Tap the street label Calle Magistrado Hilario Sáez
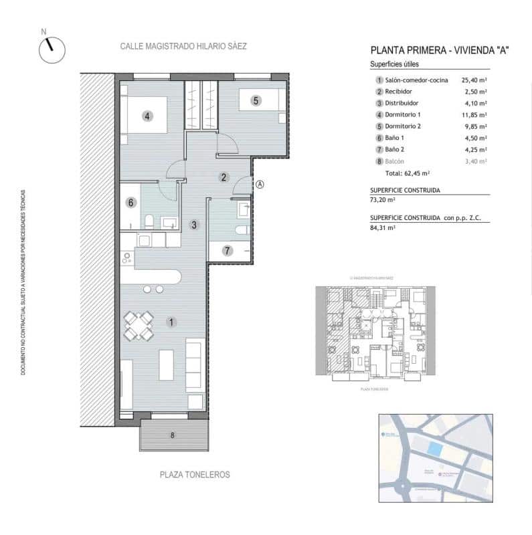click(183, 47)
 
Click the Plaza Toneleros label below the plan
click(195, 474)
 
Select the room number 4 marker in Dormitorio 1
click(148, 116)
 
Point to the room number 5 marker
click(255, 101)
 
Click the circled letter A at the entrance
click(260, 185)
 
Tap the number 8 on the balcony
click(173, 435)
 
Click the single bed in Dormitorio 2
click(261, 101)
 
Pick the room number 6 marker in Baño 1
click(131, 202)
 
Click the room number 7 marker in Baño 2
click(228, 251)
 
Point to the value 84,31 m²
click(383, 227)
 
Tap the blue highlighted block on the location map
click(435, 450)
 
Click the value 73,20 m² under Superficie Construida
click(383, 199)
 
